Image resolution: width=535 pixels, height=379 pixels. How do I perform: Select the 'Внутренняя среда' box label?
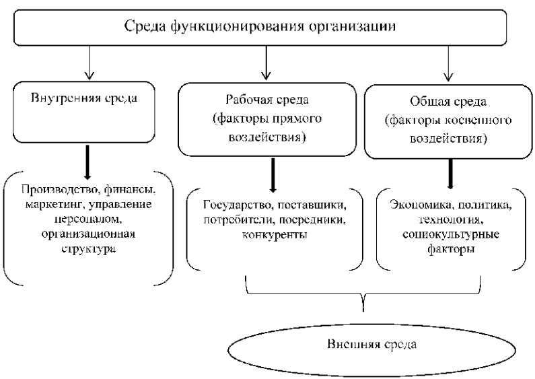pyautogui.click(x=84, y=98)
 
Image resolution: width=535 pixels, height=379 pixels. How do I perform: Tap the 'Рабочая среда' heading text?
pyautogui.click(x=267, y=100)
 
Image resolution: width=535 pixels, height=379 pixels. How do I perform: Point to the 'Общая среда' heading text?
pyautogui.click(x=448, y=102)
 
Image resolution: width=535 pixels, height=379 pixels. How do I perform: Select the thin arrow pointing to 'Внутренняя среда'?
pyautogui.click(x=90, y=63)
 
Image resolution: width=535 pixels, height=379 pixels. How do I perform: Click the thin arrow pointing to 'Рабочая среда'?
pyautogui.click(x=266, y=63)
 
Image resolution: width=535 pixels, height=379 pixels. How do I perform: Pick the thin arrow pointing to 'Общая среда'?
pyautogui.click(x=448, y=64)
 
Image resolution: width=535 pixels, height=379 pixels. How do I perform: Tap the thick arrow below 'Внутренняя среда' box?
pyautogui.click(x=87, y=162)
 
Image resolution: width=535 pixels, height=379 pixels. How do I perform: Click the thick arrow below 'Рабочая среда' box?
pyautogui.click(x=273, y=175)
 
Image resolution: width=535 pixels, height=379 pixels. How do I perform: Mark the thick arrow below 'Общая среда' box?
pyautogui.click(x=450, y=174)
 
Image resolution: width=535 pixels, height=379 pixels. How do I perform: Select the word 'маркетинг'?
pyautogui.click(x=55, y=205)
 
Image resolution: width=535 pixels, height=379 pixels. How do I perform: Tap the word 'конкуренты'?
pyautogui.click(x=275, y=235)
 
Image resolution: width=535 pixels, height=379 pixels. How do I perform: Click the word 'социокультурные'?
pyautogui.click(x=451, y=235)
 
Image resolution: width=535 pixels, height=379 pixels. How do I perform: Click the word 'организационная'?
pyautogui.click(x=88, y=234)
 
